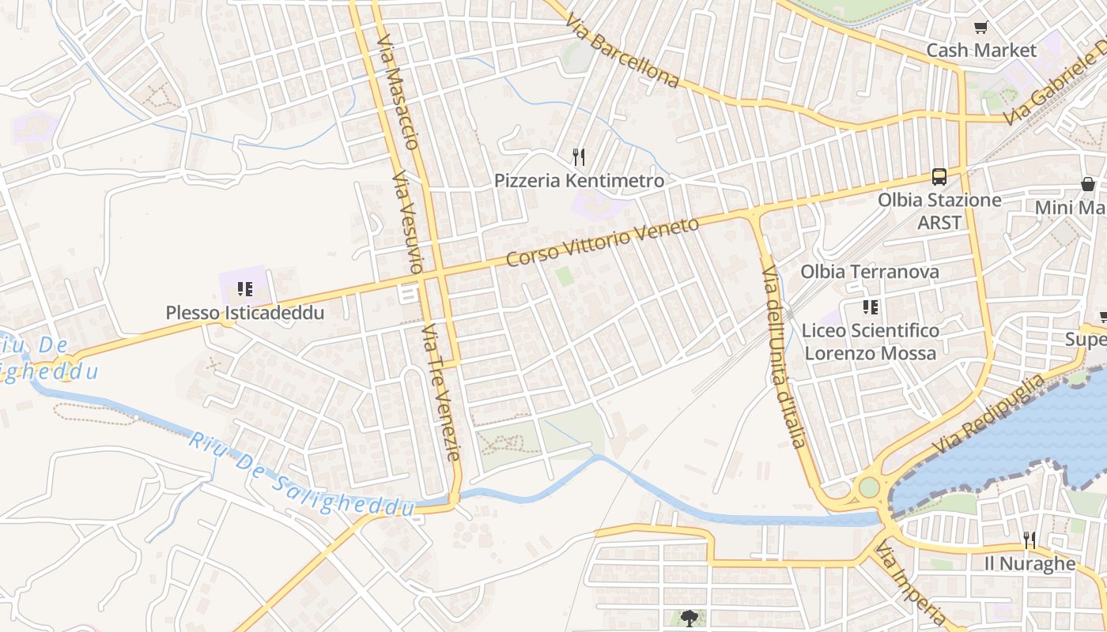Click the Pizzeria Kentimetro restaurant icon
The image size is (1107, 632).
tap(579, 157)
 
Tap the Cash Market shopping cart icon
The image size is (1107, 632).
tap(980, 28)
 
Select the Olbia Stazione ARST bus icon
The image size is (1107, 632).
tap(939, 177)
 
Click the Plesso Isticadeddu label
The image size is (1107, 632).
tap(245, 313)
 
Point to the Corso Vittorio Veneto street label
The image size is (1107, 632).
tap(603, 242)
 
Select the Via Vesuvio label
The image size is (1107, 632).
tap(408, 222)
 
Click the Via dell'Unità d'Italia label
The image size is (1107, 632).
tap(784, 356)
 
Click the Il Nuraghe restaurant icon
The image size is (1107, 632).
tap(1029, 540)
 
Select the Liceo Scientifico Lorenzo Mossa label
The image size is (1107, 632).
tap(870, 341)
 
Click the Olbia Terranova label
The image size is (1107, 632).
tap(870, 272)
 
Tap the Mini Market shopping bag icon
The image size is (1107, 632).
tap(1088, 184)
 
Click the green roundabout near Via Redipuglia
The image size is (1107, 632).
tap(869, 487)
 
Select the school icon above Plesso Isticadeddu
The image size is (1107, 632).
tap(245, 289)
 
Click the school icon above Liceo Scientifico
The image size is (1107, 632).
tap(871, 307)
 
